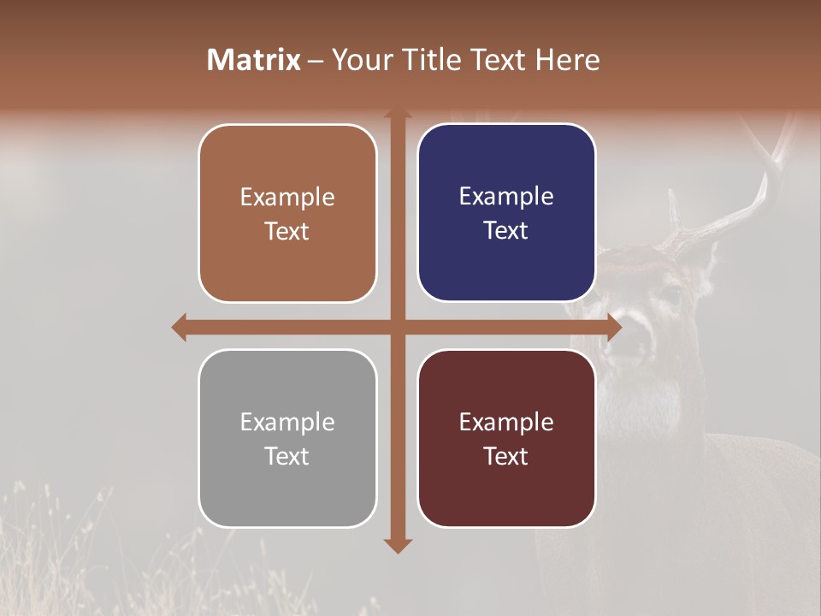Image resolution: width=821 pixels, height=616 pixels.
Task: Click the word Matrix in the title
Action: click(x=254, y=60)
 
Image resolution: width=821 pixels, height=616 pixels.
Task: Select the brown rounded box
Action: click(x=287, y=213)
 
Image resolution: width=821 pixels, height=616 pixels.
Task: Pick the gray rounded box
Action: click(x=287, y=438)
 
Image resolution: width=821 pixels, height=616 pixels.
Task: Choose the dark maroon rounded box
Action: click(x=506, y=438)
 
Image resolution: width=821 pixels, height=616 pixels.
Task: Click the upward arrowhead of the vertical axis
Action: click(x=397, y=113)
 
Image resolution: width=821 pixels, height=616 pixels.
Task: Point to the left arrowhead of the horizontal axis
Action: click(x=179, y=327)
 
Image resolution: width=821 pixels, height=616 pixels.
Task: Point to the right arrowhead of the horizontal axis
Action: click(x=614, y=327)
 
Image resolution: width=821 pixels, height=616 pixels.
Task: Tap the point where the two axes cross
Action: click(x=397, y=327)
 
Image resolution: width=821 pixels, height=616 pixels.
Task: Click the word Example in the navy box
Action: click(x=506, y=196)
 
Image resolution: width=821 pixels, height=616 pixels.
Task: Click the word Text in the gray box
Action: click(x=287, y=456)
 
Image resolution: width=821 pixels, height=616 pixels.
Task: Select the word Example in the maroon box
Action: click(x=506, y=422)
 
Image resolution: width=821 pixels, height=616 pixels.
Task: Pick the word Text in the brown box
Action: click(x=287, y=231)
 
